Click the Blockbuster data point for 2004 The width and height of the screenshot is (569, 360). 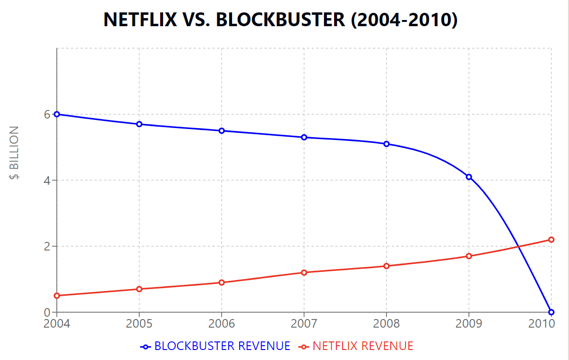[57, 114]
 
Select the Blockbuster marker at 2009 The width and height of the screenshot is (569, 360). [469, 177]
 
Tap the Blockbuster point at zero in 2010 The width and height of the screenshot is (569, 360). [551, 312]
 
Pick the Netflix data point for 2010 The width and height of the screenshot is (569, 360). [551, 240]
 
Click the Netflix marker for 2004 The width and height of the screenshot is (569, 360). [57, 296]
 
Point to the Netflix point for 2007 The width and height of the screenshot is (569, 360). [304, 272]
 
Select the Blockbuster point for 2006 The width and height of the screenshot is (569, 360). [222, 130]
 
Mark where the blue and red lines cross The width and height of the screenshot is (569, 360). [518, 246]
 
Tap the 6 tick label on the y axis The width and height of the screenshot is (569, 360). [47, 114]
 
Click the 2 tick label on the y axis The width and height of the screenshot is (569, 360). [47, 246]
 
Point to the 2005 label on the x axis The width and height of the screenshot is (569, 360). [139, 324]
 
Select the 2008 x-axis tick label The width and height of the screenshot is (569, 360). [386, 324]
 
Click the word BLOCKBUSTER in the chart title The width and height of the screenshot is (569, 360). [281, 20]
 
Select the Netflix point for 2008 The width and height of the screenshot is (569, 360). [386, 266]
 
